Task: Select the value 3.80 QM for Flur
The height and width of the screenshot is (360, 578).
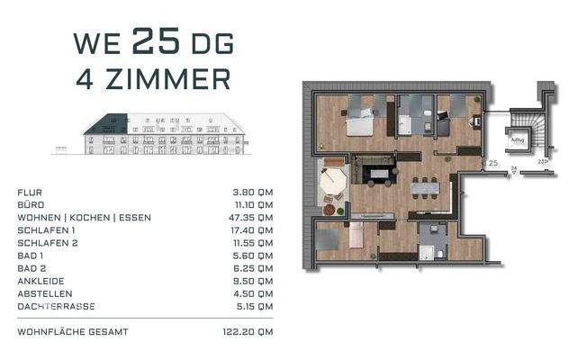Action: (x=253, y=193)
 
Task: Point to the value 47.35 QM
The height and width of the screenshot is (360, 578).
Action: (x=251, y=218)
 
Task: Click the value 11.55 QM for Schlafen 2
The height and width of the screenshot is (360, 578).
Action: (x=252, y=243)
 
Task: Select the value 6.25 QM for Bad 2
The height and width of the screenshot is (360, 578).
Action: (x=253, y=268)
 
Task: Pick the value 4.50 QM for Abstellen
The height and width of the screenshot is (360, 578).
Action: (x=253, y=293)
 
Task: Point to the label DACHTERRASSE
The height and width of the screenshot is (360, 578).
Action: (x=52, y=306)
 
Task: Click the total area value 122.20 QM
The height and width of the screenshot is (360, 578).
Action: (x=249, y=332)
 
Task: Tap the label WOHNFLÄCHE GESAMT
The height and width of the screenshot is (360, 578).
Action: (x=73, y=332)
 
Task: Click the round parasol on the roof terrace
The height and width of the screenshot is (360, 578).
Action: (x=333, y=182)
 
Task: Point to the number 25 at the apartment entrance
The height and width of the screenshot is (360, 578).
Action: (x=492, y=163)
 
